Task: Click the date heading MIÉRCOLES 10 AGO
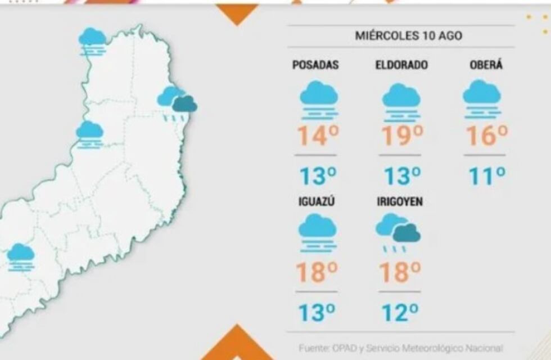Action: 400,36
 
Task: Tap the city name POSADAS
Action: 315,65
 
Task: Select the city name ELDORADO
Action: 401,65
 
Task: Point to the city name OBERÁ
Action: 486,65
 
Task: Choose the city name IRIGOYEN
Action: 399,202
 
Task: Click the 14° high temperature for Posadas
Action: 318,136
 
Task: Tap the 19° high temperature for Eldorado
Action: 401,136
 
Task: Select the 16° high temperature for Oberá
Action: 487,136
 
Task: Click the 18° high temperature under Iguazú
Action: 318,272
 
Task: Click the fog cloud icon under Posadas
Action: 319,100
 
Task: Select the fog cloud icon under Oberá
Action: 482,98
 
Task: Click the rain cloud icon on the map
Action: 177,103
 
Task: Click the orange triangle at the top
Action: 237,13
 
